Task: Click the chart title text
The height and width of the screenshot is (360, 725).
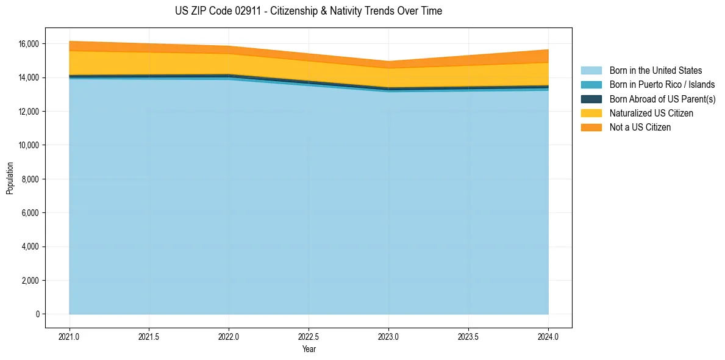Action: (x=308, y=11)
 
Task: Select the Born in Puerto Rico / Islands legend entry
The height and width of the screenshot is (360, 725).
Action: (x=662, y=85)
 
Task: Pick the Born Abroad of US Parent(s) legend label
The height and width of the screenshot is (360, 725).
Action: (x=662, y=99)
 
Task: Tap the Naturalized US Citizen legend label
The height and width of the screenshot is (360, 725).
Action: (x=651, y=113)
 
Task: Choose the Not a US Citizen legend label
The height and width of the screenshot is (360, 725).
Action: (x=640, y=128)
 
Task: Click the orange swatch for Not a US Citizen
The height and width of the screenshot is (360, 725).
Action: (x=591, y=128)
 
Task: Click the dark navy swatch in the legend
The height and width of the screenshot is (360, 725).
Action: (x=591, y=99)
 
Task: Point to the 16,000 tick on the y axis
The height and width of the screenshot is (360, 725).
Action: (x=28, y=44)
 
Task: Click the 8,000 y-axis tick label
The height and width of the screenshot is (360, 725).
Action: (x=30, y=179)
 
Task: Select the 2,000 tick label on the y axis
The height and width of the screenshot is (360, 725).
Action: (x=30, y=281)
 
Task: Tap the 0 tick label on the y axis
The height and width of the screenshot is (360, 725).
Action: (x=37, y=314)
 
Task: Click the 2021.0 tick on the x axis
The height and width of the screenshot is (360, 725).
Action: (x=70, y=336)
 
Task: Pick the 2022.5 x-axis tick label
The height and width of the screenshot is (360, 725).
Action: (x=309, y=336)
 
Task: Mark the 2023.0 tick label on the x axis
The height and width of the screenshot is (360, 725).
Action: (x=388, y=336)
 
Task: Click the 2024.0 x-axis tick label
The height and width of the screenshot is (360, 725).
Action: (x=548, y=336)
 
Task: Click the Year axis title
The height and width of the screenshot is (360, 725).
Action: (x=309, y=350)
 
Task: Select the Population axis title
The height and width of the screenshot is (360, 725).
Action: (x=10, y=178)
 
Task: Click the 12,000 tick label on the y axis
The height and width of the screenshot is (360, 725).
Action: (x=28, y=112)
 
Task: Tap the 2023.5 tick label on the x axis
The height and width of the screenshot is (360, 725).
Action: (x=468, y=336)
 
